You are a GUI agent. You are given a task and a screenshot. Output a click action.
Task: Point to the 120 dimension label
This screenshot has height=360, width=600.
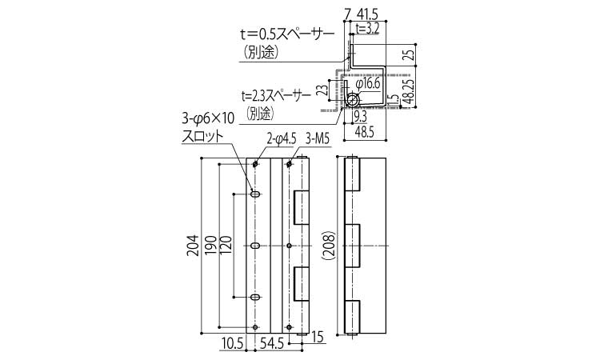227,246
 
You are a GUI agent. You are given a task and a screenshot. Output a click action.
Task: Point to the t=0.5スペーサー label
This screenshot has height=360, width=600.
284,34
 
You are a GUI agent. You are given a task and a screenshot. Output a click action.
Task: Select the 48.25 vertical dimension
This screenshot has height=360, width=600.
410,93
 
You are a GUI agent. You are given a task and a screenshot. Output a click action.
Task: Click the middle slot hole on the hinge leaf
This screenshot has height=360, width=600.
255,246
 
